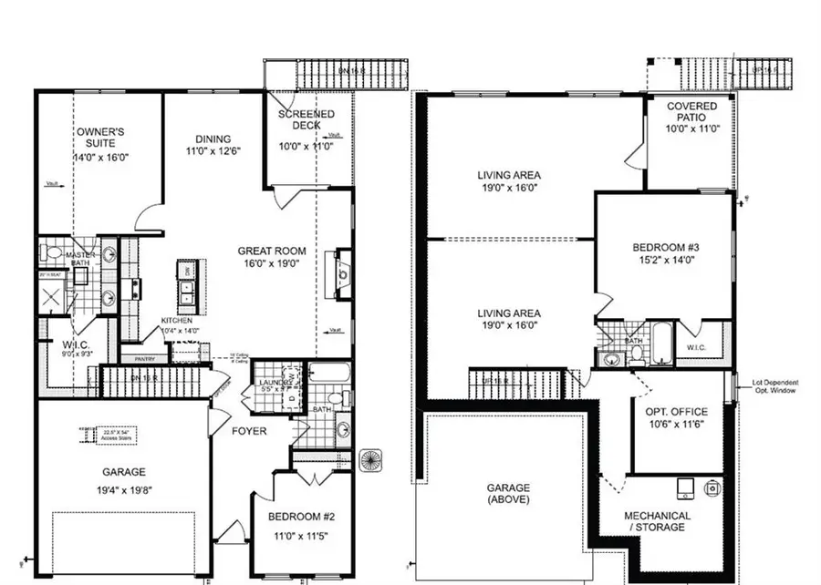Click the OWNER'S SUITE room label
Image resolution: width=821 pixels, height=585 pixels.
(x=100, y=139)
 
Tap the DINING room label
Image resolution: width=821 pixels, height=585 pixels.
(x=212, y=139)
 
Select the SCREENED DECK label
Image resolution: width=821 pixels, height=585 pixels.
(x=307, y=119)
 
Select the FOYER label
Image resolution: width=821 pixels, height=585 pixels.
(x=249, y=430)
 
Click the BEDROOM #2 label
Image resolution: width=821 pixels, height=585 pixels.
(x=304, y=517)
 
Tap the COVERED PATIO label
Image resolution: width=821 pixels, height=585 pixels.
(x=691, y=111)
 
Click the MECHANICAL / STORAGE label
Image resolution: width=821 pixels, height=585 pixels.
(x=657, y=521)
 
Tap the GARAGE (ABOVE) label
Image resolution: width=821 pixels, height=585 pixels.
(x=508, y=493)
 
